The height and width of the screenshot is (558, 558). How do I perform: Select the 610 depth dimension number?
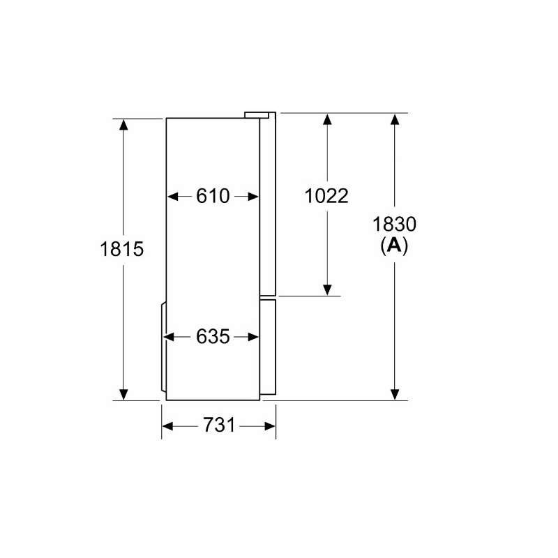213,197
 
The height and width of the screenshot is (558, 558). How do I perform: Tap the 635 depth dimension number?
213,337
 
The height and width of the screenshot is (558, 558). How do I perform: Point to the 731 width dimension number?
219,425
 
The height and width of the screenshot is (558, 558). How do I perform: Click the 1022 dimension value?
326,197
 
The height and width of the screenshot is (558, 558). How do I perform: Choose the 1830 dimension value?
395,225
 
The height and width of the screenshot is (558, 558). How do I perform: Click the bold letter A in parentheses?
395,245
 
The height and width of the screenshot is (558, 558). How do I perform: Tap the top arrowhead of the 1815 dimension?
123,124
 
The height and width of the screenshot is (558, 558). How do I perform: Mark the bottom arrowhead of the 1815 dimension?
123,395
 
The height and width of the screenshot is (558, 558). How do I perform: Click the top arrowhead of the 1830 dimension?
395,119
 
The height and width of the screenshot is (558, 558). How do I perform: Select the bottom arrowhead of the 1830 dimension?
395,395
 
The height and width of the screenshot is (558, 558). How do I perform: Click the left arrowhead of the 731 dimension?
168,425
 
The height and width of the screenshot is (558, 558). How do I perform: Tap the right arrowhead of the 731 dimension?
271,425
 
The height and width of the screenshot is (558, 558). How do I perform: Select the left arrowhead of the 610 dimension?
172,197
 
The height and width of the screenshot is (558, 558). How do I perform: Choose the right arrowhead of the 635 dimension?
254,337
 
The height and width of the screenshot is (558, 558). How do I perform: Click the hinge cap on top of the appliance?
259,113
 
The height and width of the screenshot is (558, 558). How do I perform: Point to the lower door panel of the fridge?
269,349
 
